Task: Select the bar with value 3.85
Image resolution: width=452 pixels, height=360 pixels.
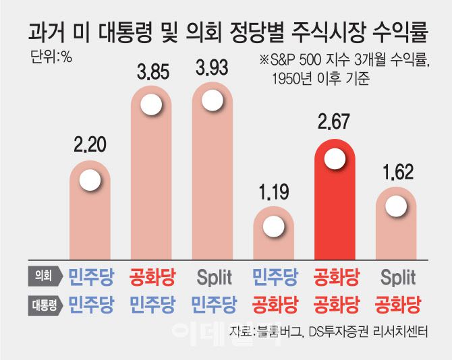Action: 150,182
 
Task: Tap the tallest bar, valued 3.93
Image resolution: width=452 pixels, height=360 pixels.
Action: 212,179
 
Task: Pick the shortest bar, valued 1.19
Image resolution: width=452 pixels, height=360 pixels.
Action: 273,236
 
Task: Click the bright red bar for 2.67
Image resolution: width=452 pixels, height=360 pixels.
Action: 335,202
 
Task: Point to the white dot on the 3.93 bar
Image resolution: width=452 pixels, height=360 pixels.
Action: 212,102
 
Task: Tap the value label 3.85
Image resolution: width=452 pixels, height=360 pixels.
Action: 150,71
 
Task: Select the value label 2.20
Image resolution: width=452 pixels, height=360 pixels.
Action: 90,143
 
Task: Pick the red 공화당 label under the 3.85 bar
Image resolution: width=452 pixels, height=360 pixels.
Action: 150,276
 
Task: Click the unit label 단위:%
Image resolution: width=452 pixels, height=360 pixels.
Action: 51,56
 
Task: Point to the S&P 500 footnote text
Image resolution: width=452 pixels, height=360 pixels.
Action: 344,60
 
